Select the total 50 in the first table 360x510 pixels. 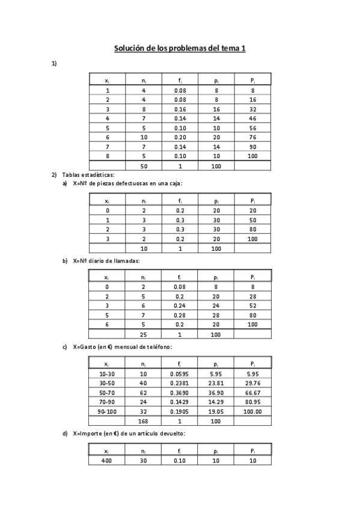click(144, 165)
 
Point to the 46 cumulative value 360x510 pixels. click(253, 118)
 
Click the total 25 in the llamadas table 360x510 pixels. click(144, 334)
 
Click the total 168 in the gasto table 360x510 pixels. click(144, 421)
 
